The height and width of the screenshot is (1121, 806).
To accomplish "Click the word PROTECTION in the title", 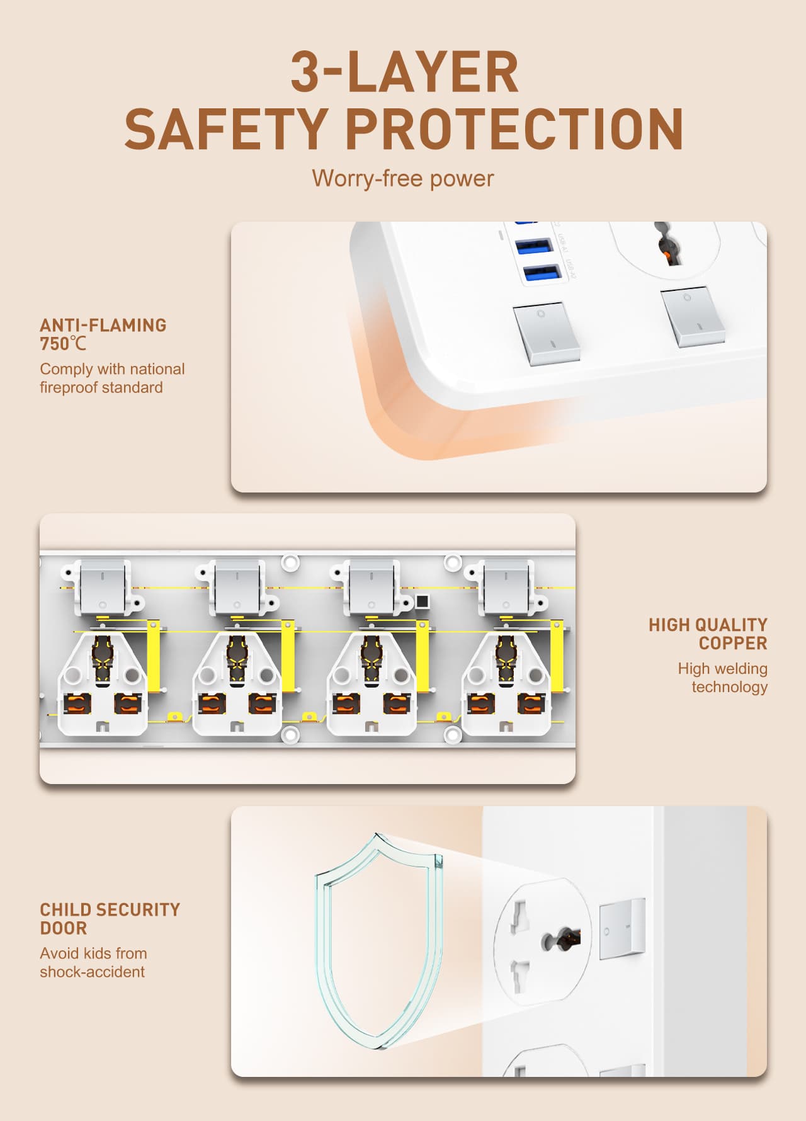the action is tap(514, 129).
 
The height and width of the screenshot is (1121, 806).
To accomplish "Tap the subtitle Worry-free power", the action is tap(402, 178).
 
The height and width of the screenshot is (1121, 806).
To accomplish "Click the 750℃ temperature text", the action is tap(63, 344).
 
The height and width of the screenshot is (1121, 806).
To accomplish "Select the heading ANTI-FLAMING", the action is tap(103, 325).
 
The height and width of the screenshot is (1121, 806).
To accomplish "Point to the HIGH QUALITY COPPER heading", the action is tap(708, 634).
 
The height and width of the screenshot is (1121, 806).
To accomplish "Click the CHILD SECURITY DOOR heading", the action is tap(110, 919).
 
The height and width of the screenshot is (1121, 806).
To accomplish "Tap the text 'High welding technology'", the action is tap(723, 678).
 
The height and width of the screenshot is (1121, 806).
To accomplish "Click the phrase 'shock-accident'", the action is tap(92, 972).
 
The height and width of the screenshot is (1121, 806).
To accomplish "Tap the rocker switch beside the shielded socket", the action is tap(622, 929).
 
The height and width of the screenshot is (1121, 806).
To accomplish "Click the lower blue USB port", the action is tap(542, 273).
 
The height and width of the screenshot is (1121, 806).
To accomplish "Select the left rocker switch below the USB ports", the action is tap(546, 333).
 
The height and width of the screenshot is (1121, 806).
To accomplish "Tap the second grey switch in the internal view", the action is tap(237, 588).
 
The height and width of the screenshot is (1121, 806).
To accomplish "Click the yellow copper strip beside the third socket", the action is tap(423, 656).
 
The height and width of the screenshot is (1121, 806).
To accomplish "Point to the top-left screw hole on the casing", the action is tap(290, 562).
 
